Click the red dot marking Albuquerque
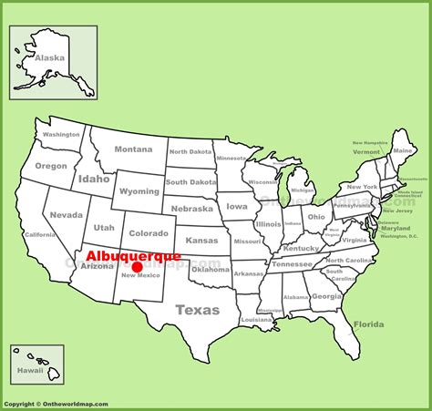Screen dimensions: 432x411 [x=137, y=267]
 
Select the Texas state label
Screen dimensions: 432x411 [x=198, y=310]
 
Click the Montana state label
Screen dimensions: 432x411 [x=133, y=149]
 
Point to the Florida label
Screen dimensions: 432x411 [x=368, y=324]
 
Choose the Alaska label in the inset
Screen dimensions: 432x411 [x=50, y=57]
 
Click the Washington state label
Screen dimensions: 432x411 [x=61, y=134]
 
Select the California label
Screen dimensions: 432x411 [x=39, y=234]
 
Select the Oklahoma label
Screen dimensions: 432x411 [x=211, y=269]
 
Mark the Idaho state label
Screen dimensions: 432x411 [x=94, y=179]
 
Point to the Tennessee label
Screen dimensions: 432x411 [x=292, y=264]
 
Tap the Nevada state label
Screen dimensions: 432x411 [x=67, y=215]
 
